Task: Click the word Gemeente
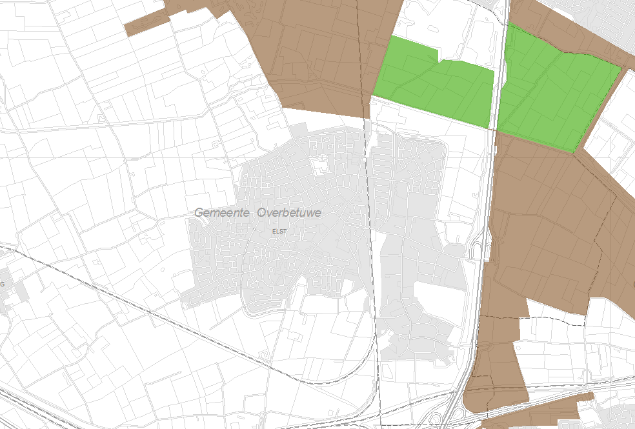click(223, 212)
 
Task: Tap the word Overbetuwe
click(289, 212)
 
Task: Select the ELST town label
click(279, 230)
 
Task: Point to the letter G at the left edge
click(3, 284)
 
